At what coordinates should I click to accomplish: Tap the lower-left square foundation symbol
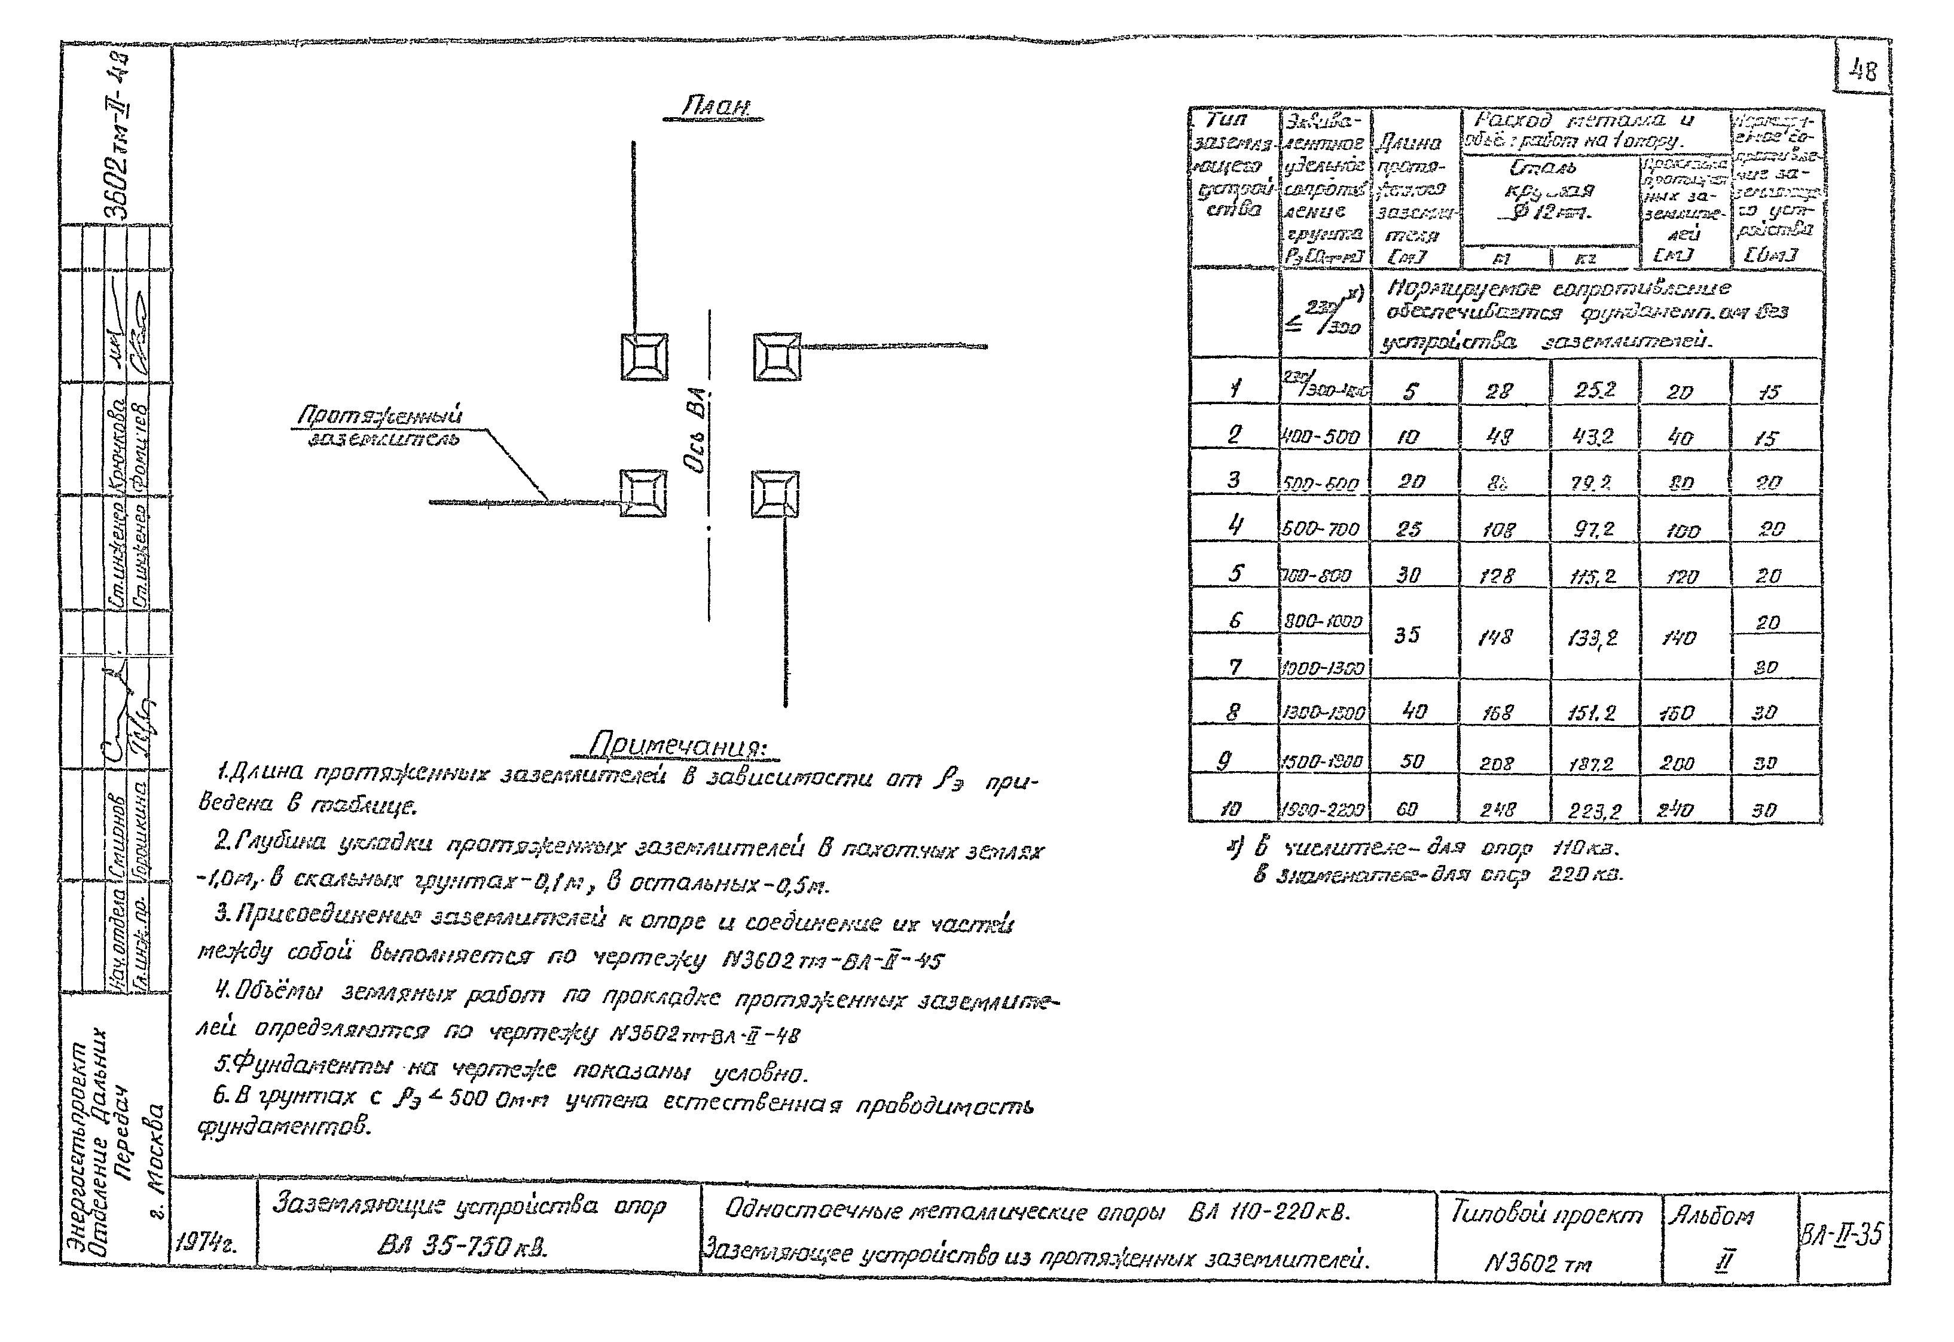click(643, 493)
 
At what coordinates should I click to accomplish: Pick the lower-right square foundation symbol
click(775, 494)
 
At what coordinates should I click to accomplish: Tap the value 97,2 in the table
click(1593, 529)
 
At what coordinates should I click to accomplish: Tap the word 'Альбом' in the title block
click(1712, 1216)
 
